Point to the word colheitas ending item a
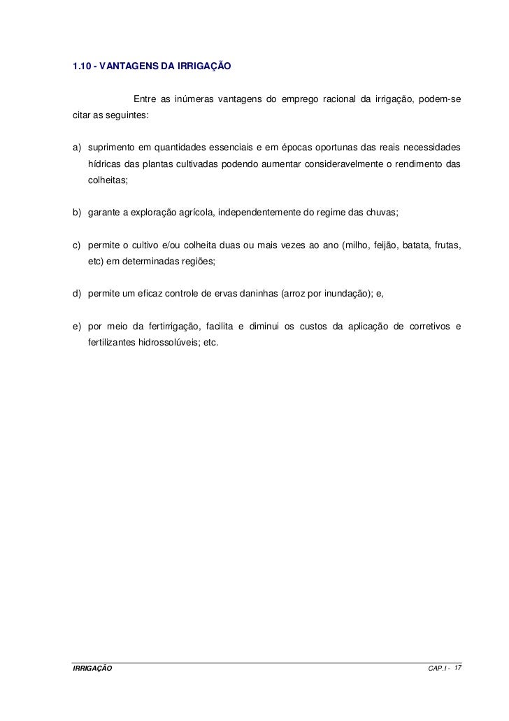(x=108, y=180)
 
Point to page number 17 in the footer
(x=457, y=669)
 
